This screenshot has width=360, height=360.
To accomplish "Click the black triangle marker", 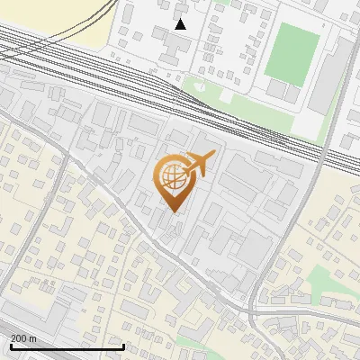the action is point(181,24).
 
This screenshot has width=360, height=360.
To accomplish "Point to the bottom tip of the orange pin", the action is point(170,214).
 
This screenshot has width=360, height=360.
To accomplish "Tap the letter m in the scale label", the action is point(32,338).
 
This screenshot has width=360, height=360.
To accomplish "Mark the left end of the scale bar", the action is point(10,346).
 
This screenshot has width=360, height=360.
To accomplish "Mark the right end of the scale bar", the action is point(123,346).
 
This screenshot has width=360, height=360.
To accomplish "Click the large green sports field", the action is point(292,53).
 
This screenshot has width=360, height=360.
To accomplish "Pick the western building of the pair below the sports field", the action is point(275,90).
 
